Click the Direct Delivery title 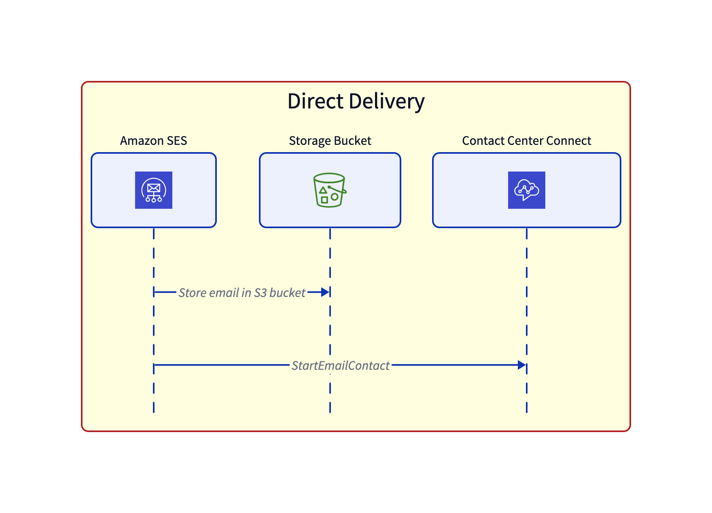coord(356,101)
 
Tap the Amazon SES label coord(153,141)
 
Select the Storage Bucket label coord(330,141)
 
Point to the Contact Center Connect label coord(526,141)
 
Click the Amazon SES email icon coord(154,190)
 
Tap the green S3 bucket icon coord(330,190)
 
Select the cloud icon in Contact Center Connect coord(526,190)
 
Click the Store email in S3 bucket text coord(242,293)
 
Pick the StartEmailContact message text coord(340,366)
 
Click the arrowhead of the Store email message coord(325,292)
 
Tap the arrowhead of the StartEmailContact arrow coord(521,365)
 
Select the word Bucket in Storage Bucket coord(352,141)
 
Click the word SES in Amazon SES coord(177,141)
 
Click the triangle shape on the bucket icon coord(323,190)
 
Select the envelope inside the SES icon coord(154,188)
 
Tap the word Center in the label coord(525,141)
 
